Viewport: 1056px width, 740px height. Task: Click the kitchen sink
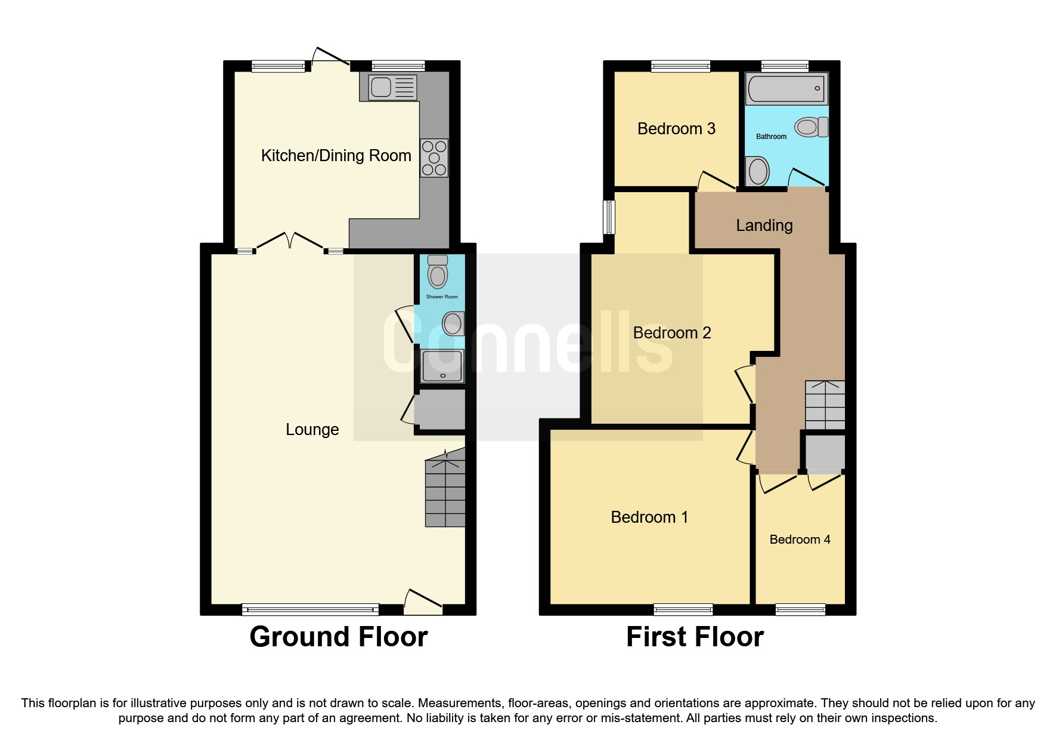pyautogui.click(x=388, y=87)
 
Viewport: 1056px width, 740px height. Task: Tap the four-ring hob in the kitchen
pyautogui.click(x=434, y=158)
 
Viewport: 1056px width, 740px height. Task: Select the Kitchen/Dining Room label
pyautogui.click(x=336, y=156)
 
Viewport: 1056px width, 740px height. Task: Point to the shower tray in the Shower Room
pyautogui.click(x=442, y=366)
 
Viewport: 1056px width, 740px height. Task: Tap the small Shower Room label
pyautogui.click(x=442, y=297)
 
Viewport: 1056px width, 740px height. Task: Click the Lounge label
pyautogui.click(x=312, y=430)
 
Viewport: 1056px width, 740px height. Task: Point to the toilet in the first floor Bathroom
pyautogui.click(x=810, y=127)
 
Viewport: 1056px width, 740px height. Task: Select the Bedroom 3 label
pyautogui.click(x=676, y=129)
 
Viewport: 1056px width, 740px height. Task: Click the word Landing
pyautogui.click(x=764, y=226)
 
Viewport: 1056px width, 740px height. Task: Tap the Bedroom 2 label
pyautogui.click(x=672, y=333)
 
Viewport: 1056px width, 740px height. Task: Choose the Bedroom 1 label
pyautogui.click(x=649, y=517)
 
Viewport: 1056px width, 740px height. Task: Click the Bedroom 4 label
pyautogui.click(x=800, y=539)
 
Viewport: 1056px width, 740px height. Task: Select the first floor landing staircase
pyautogui.click(x=825, y=405)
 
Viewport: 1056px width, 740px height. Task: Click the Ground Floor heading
pyautogui.click(x=339, y=637)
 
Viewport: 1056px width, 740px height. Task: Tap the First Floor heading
pyautogui.click(x=695, y=637)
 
